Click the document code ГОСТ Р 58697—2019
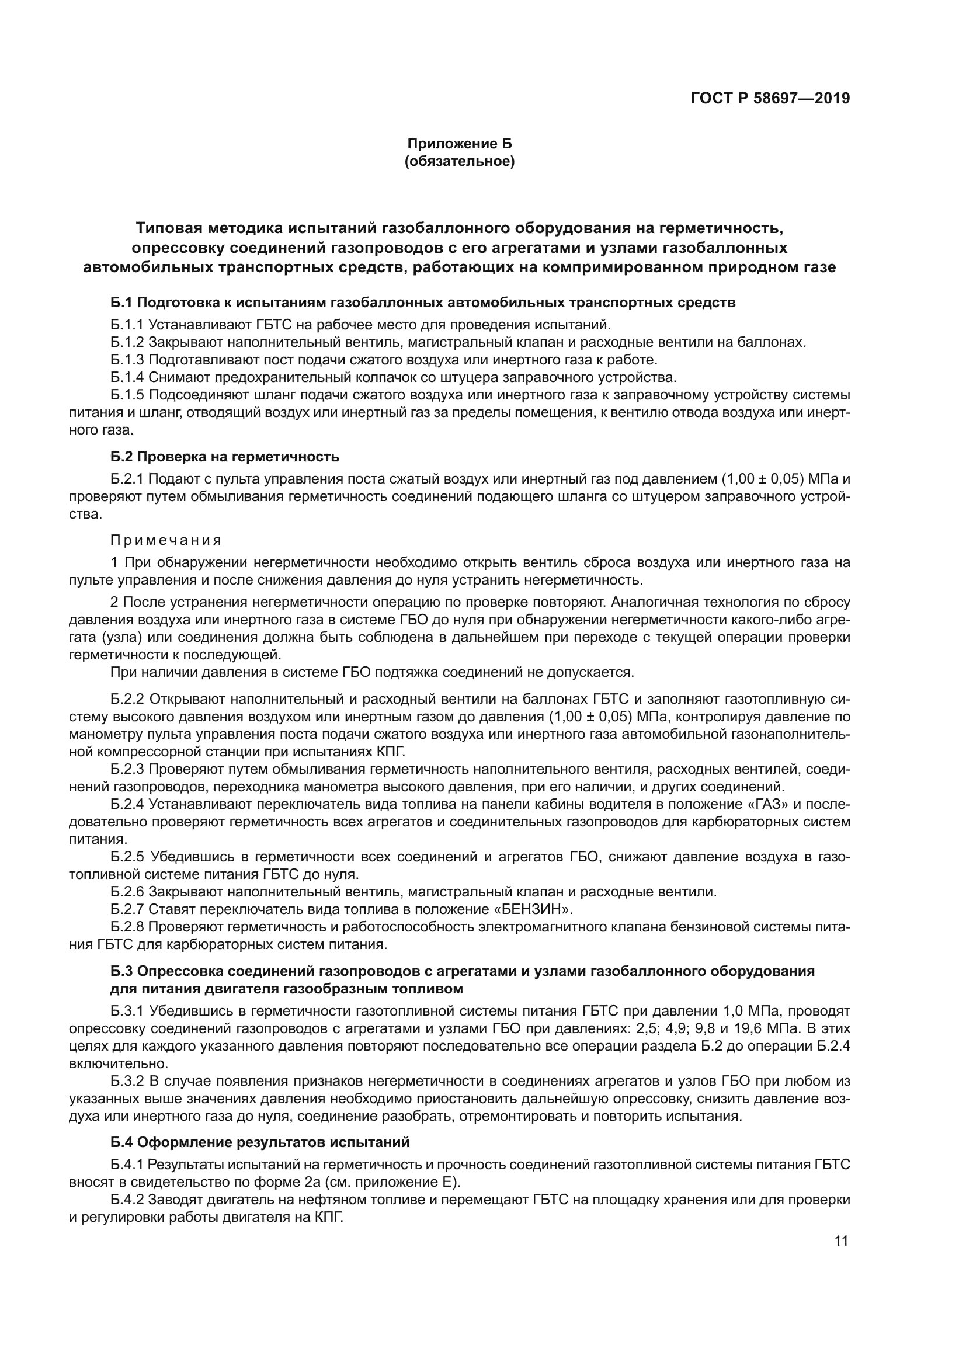coord(770,99)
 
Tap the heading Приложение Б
coord(458,144)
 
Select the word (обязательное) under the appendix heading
coord(458,161)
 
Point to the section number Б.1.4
coord(127,377)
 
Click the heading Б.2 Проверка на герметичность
coord(225,457)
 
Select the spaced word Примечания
coord(166,540)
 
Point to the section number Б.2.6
coord(127,892)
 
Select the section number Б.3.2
coord(127,1081)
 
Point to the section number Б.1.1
coord(127,325)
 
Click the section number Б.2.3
coord(127,769)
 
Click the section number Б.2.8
coord(127,927)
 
